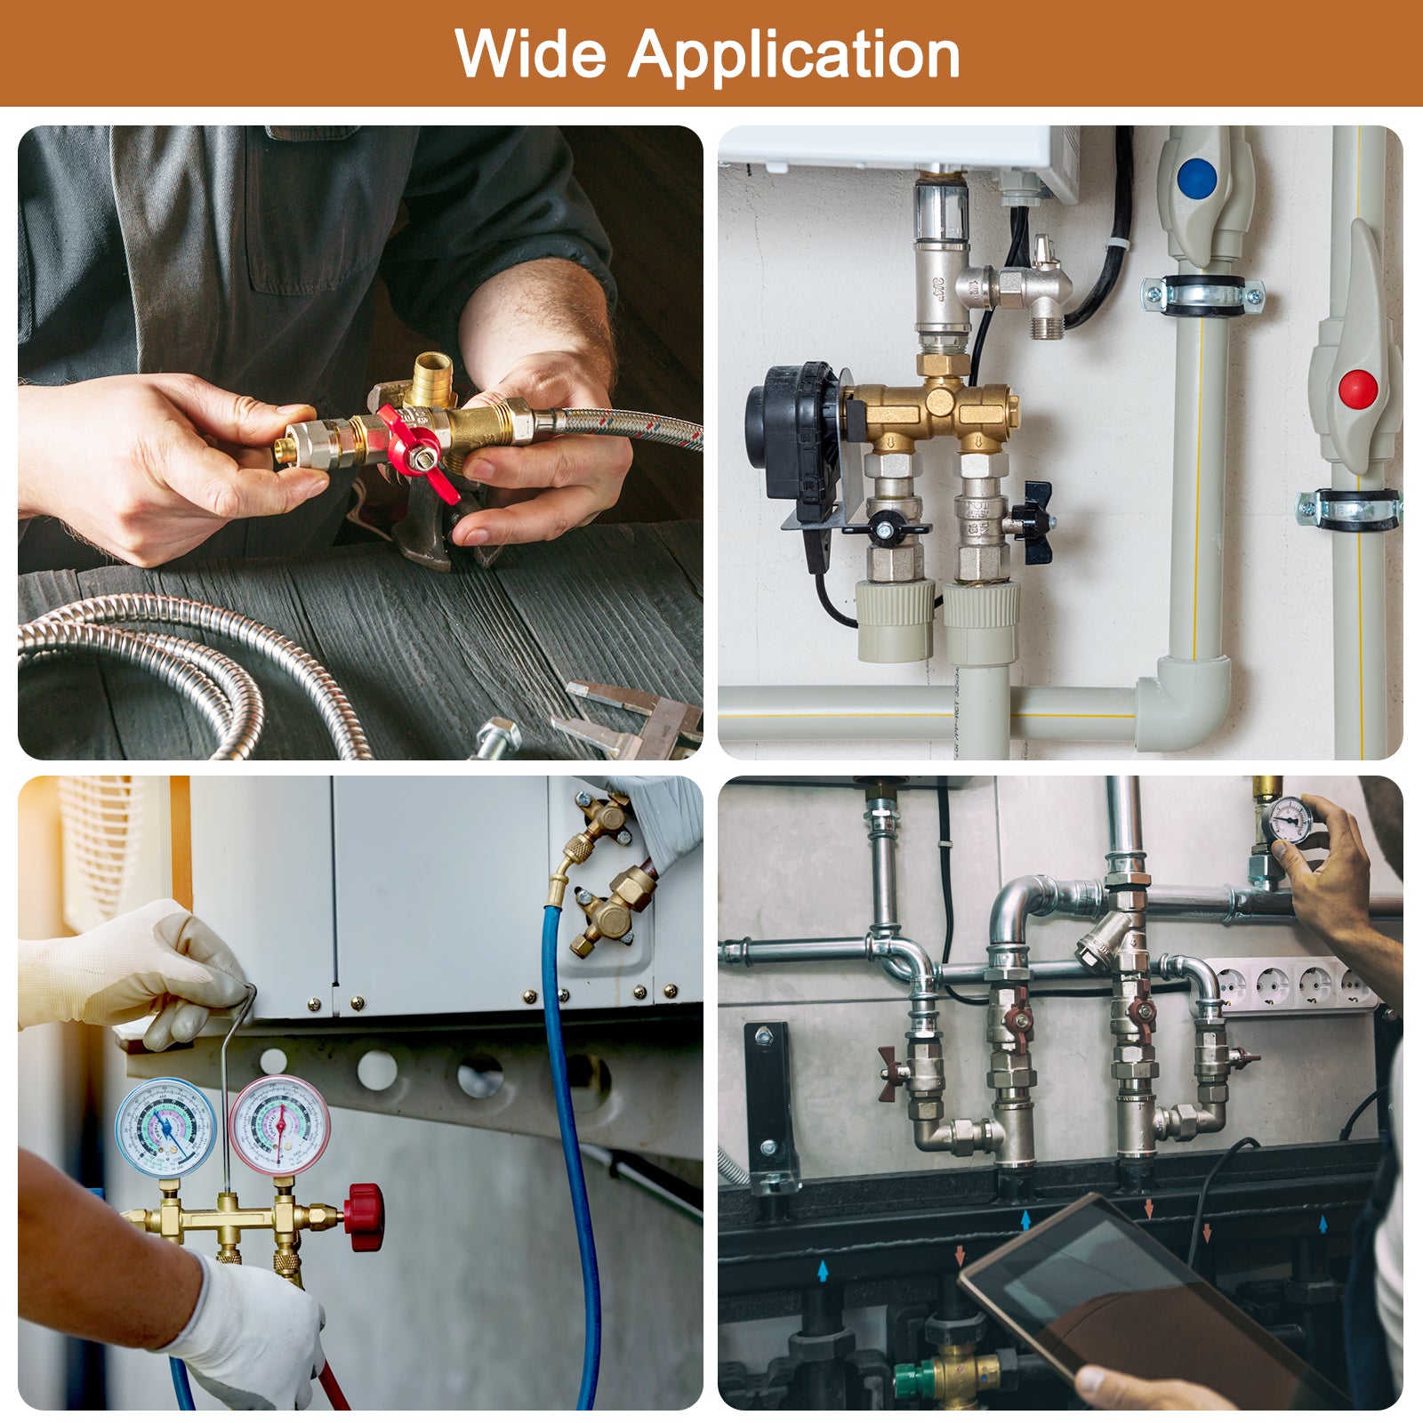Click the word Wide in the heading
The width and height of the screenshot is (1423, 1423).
click(531, 54)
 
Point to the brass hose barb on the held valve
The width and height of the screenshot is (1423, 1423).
click(434, 378)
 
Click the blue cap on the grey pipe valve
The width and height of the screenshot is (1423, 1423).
click(1196, 178)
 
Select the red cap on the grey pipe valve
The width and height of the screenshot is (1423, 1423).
click(1358, 389)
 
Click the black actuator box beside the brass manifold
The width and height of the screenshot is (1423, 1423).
click(793, 442)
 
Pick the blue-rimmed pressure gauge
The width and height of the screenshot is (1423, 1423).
click(165, 1129)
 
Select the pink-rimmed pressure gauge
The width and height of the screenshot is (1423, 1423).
click(279, 1126)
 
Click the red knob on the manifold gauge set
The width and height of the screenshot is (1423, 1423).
click(365, 1216)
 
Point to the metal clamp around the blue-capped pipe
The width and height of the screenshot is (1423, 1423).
click(1202, 294)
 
